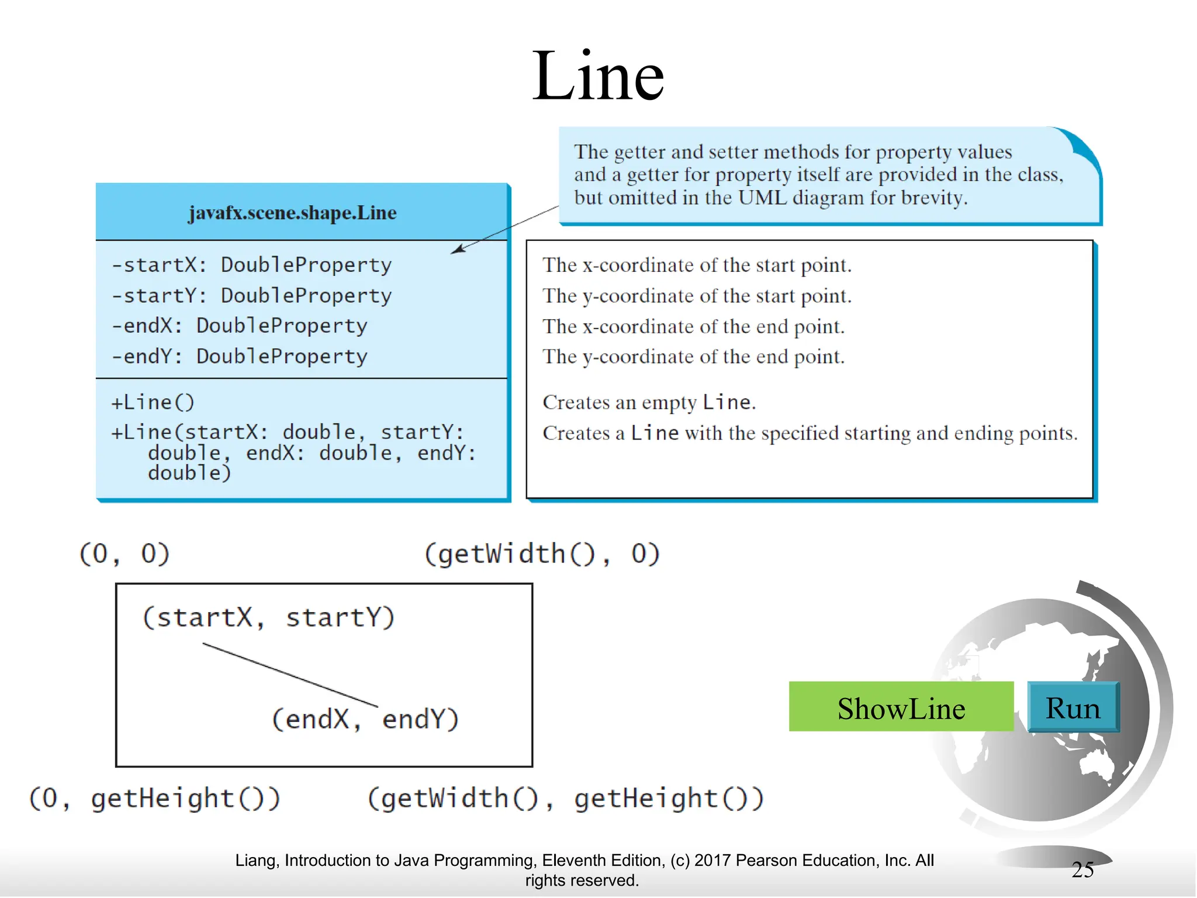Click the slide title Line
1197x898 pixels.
598,76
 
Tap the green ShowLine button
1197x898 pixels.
901,707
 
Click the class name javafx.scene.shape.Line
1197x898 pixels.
292,213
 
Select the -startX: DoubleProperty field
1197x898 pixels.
251,265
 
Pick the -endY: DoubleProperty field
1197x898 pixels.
240,356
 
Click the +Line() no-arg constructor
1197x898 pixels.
153,402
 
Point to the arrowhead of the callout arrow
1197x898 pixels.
456,250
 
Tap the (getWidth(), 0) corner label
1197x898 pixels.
542,554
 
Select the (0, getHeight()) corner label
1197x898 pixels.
155,799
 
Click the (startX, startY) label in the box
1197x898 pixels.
268,617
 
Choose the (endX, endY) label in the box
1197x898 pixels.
365,719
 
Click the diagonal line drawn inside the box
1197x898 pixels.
290,675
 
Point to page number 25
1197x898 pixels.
1082,870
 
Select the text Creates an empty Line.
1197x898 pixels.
649,402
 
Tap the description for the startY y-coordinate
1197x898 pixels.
697,296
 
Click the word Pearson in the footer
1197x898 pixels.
766,861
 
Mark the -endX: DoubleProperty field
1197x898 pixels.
240,326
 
